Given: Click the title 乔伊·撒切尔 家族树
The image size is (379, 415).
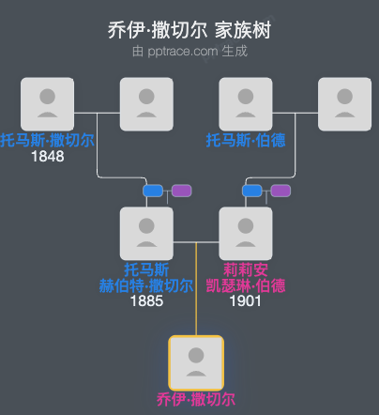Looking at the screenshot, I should [189, 30].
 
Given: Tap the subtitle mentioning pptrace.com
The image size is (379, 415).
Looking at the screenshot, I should [189, 51].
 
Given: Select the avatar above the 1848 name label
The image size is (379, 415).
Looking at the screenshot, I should [47, 103].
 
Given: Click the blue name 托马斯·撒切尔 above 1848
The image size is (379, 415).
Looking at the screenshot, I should [47, 140].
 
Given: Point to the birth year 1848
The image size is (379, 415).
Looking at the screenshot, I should [47, 156].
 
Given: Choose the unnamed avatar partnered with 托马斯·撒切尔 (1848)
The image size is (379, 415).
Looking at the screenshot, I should [146, 103].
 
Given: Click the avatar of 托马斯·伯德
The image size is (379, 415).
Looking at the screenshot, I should [246, 103].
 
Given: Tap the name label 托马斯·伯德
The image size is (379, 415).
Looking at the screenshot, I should [246, 140].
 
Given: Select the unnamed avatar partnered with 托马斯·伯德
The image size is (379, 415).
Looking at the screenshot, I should [345, 103].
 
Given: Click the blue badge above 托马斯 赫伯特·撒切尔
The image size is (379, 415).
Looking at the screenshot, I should [153, 191].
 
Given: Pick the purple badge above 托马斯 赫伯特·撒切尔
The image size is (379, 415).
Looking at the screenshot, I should [181, 191].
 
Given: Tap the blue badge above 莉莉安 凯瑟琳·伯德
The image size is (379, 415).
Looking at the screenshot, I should [252, 191].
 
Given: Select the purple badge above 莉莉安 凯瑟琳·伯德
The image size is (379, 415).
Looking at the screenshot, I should [280, 191].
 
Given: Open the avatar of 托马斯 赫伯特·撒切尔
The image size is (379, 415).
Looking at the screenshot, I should [146, 233].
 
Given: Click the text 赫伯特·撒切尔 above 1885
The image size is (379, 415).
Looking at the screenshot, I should [146, 285].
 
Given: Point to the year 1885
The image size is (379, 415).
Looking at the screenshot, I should [146, 301].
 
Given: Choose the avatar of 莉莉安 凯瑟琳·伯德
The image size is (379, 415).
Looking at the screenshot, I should [246, 233].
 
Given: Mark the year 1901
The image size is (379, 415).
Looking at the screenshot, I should [246, 301].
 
